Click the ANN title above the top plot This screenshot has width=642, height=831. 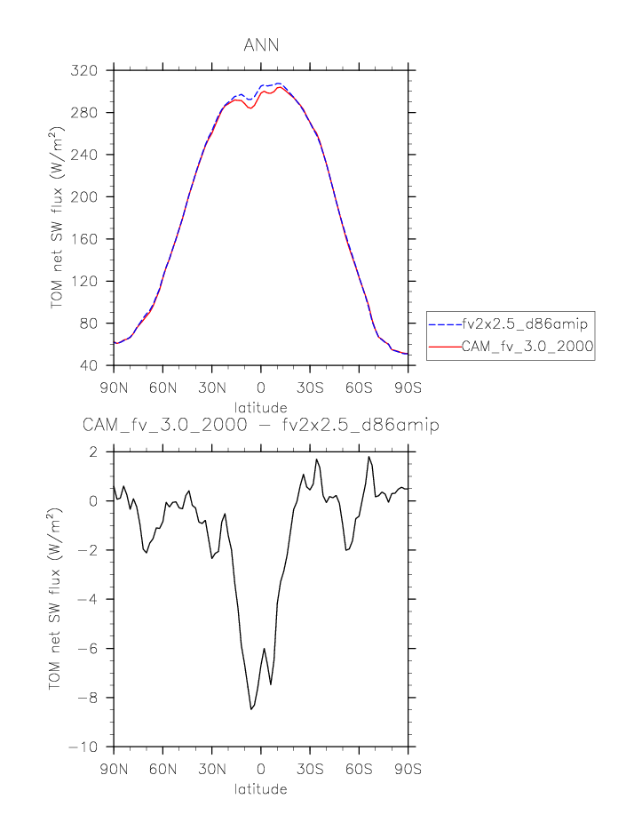click(260, 44)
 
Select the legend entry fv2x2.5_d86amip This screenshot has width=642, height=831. click(525, 324)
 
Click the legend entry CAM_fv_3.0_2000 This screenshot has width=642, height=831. click(527, 348)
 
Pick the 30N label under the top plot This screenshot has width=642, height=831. click(211, 388)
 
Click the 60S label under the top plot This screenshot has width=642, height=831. click(360, 388)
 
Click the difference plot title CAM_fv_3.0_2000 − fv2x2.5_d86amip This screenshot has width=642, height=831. click(261, 426)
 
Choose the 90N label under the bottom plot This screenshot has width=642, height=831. click(113, 768)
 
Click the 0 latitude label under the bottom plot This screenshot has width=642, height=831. click(260, 768)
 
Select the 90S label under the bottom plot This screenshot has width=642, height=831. click(408, 768)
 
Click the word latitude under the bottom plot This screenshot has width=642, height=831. click(261, 788)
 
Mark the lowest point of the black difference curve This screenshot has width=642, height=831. click(251, 709)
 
